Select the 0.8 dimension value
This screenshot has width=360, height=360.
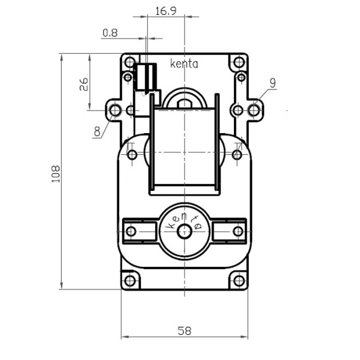click(110, 33)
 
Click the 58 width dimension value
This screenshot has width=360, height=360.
click(184, 331)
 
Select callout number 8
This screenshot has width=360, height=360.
click(97, 132)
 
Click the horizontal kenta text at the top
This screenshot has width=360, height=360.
click(184, 64)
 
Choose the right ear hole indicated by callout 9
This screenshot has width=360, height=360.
click(254, 110)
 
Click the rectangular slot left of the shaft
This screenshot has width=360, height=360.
click(138, 231)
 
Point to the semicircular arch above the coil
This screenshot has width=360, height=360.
click(184, 96)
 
